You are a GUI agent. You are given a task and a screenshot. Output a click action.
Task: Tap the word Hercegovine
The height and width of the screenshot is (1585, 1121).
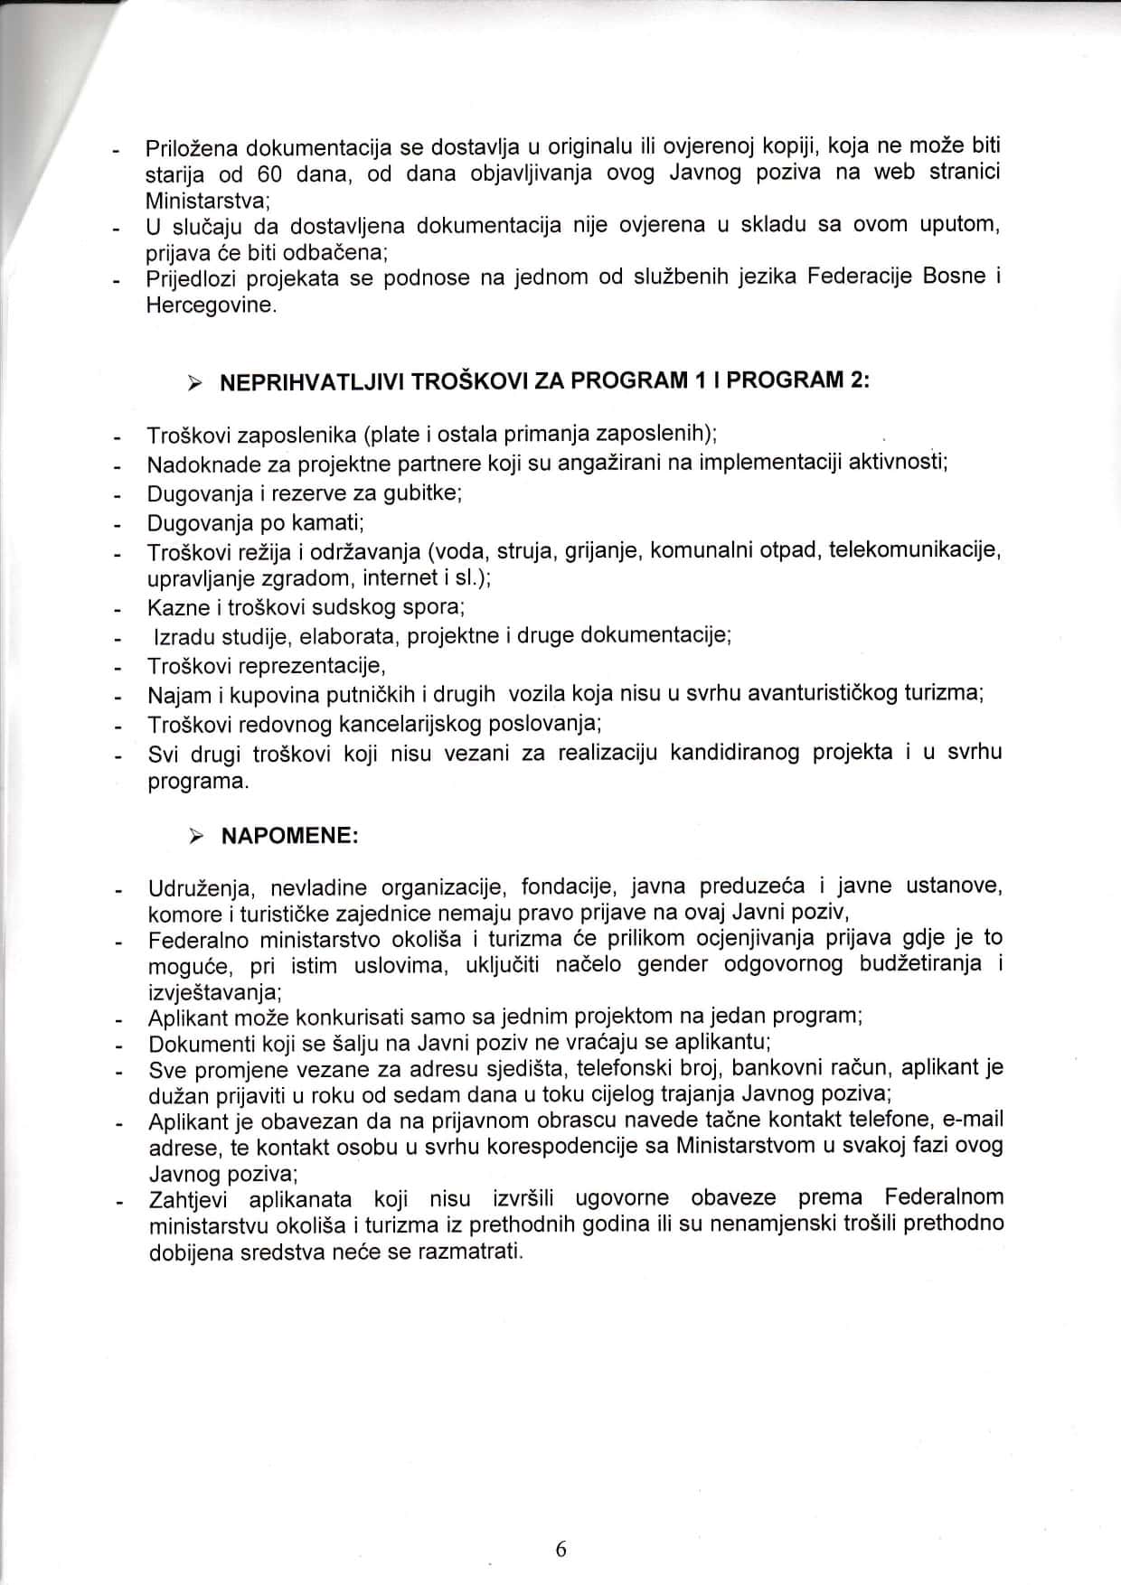pos(209,305)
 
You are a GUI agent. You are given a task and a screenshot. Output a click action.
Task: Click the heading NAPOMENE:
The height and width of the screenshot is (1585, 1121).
pos(290,836)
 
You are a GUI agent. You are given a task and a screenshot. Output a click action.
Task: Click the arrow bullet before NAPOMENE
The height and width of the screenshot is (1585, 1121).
pos(194,837)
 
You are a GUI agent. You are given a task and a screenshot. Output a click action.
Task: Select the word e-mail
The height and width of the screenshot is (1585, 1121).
pos(973,1121)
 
